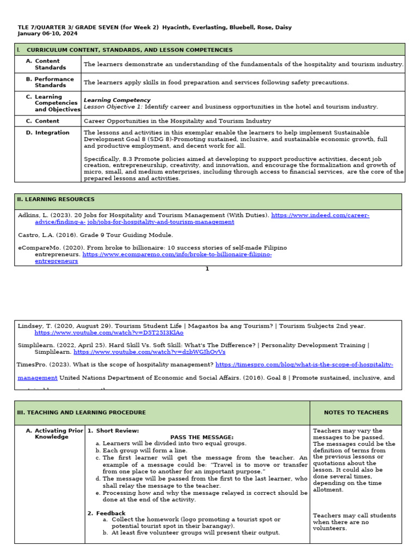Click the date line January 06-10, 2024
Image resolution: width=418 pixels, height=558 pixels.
(x=47, y=34)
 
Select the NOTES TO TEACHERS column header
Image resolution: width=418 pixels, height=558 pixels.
(x=356, y=413)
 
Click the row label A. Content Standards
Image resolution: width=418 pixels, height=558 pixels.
(x=48, y=64)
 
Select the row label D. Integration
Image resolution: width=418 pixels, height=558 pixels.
(x=48, y=133)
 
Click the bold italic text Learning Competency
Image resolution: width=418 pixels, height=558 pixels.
(x=117, y=100)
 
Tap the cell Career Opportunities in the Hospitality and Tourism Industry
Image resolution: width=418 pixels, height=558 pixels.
(x=177, y=121)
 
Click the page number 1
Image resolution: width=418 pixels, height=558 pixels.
(x=207, y=269)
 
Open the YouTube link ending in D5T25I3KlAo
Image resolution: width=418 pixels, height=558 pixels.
(x=109, y=333)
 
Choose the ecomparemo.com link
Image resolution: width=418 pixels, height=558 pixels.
(x=177, y=254)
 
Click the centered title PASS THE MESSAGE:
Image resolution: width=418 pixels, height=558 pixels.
(x=201, y=438)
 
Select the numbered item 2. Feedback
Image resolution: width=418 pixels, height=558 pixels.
(x=107, y=513)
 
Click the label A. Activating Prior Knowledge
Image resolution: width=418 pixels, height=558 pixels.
(x=53, y=434)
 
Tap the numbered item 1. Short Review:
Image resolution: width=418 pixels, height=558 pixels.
(x=109, y=431)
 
